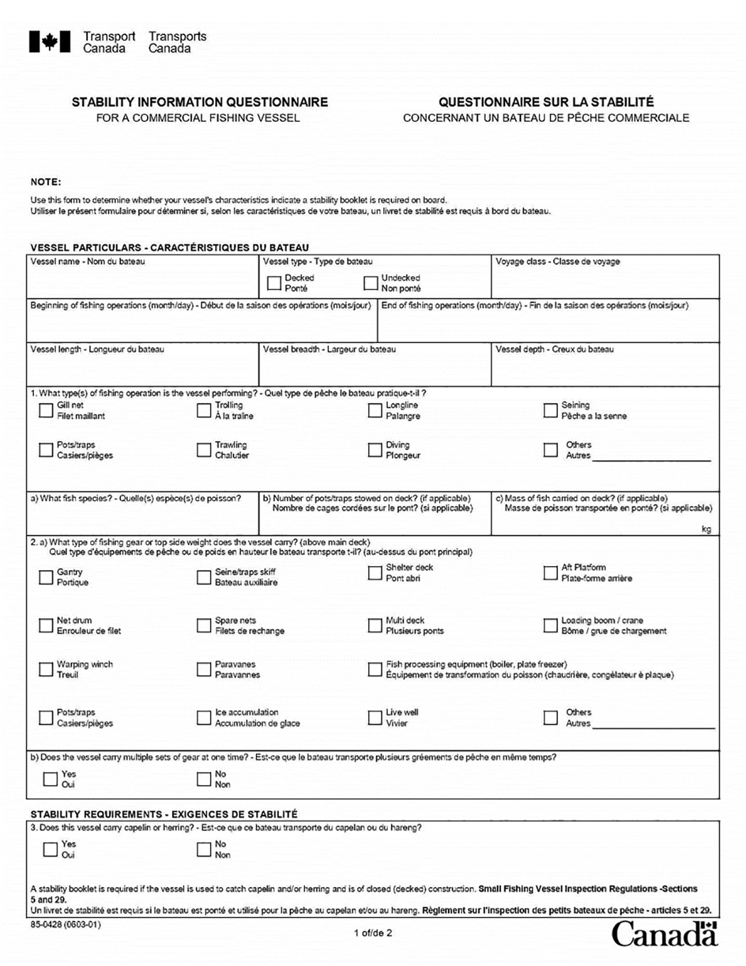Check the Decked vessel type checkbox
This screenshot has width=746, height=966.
274,283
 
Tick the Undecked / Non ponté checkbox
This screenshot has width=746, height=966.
371,283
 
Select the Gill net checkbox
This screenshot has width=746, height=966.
46,411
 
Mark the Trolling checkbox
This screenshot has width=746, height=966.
204,411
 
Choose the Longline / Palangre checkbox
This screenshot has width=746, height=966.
375,411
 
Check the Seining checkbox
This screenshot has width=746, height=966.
550,411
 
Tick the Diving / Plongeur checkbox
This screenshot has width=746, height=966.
375,450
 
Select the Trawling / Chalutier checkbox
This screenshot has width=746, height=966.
204,450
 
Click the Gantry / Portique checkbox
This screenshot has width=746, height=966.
46,577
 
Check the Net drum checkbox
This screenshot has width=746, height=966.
46,626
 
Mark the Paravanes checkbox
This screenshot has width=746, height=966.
204,669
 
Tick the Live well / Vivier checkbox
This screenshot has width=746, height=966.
375,718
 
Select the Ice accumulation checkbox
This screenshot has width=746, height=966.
204,718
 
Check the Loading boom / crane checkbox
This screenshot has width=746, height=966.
550,626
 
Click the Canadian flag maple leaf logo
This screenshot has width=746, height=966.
50,42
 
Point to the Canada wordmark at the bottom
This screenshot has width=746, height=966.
664,934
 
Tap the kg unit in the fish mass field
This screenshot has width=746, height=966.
706,529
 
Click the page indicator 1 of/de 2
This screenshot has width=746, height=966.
373,933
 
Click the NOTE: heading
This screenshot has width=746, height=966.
46,182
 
